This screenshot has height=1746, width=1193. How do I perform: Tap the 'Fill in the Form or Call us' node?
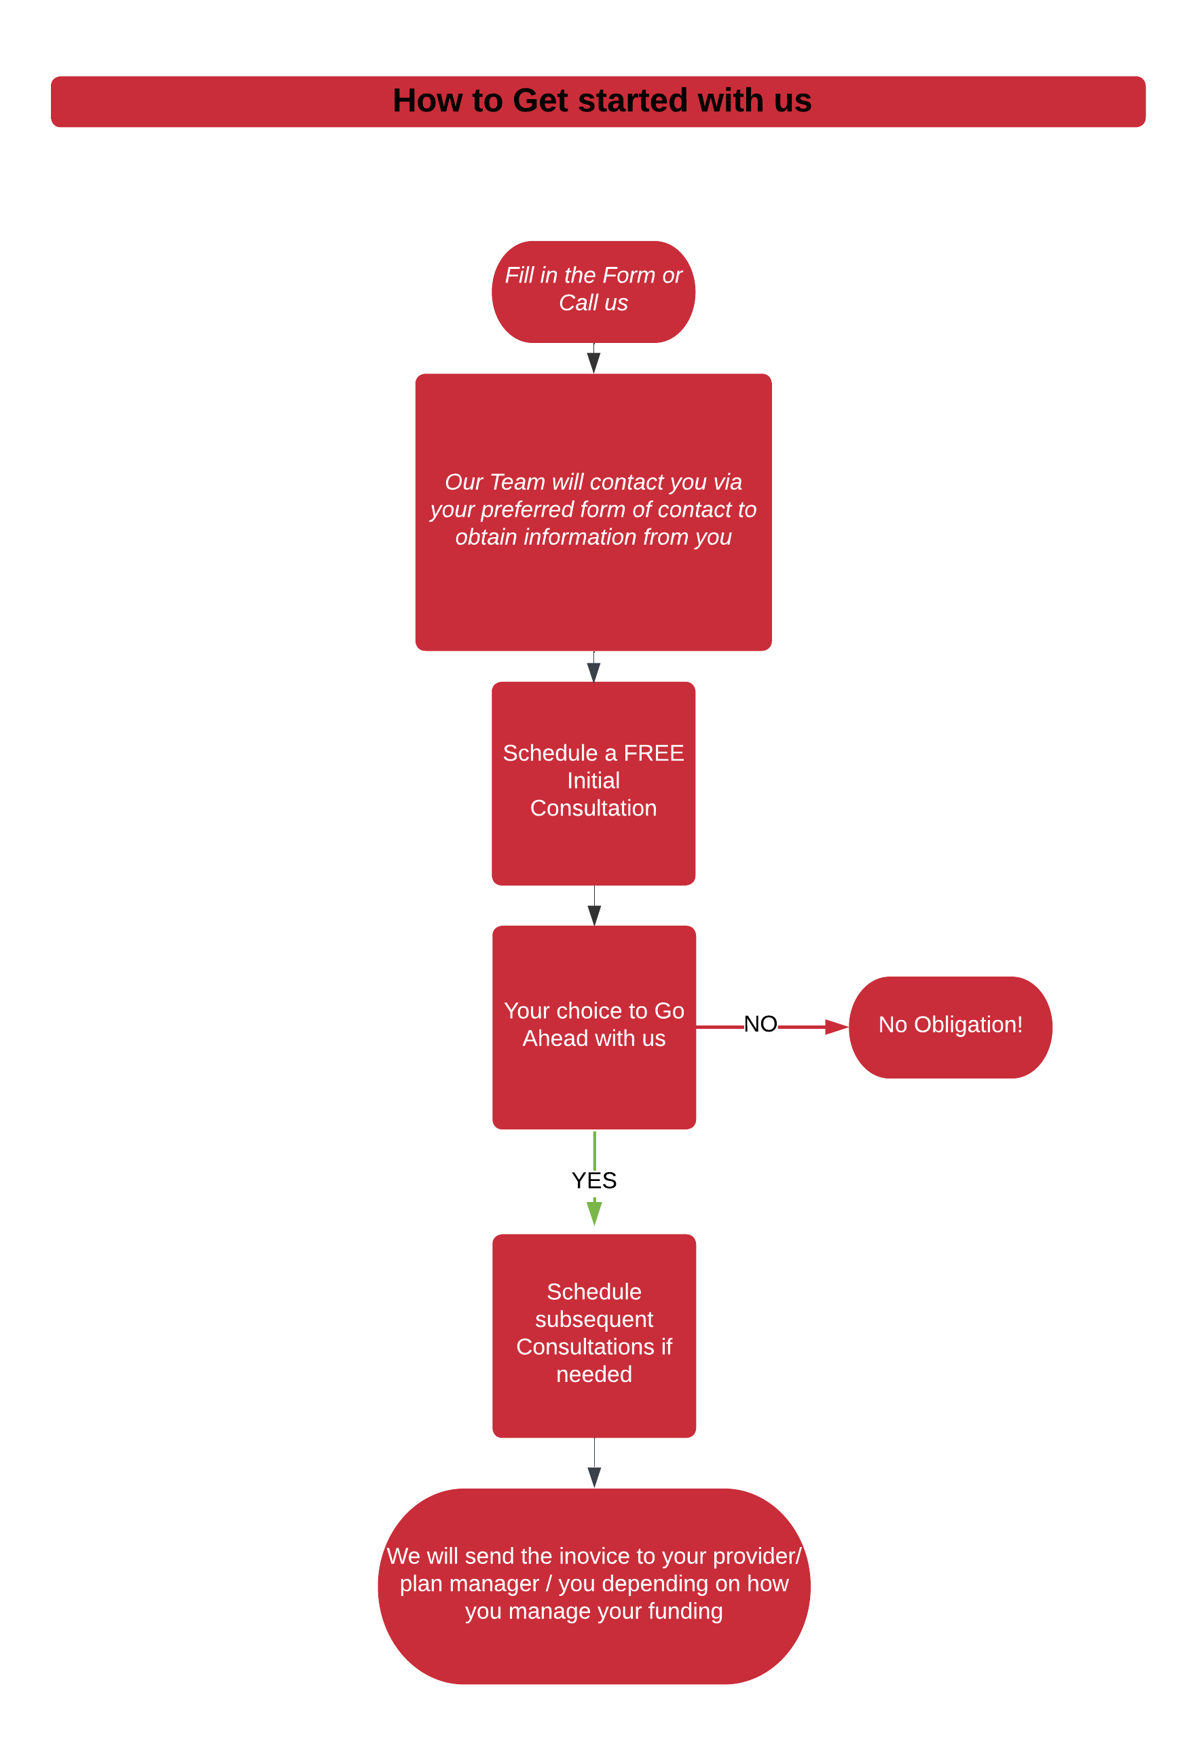(593, 291)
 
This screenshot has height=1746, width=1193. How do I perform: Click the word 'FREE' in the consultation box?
(654, 752)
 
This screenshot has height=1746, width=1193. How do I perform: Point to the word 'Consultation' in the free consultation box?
(593, 808)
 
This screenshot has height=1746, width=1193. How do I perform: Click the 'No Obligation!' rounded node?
(951, 1027)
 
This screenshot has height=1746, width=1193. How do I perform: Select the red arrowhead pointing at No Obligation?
(836, 1026)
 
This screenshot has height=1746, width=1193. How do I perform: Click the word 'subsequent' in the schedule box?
(593, 1320)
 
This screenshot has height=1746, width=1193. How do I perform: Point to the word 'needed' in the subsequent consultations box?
(593, 1374)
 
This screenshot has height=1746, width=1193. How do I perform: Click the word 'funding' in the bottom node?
(685, 1611)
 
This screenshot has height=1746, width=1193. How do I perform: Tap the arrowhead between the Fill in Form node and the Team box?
(593, 362)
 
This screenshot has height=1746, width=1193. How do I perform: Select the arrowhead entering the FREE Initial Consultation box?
(593, 672)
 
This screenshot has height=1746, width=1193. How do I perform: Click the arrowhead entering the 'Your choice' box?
(594, 915)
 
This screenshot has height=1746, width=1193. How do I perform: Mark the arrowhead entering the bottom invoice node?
(594, 1476)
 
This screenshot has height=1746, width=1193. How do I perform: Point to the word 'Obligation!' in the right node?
(968, 1025)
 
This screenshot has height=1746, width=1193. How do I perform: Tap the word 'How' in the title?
(426, 101)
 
